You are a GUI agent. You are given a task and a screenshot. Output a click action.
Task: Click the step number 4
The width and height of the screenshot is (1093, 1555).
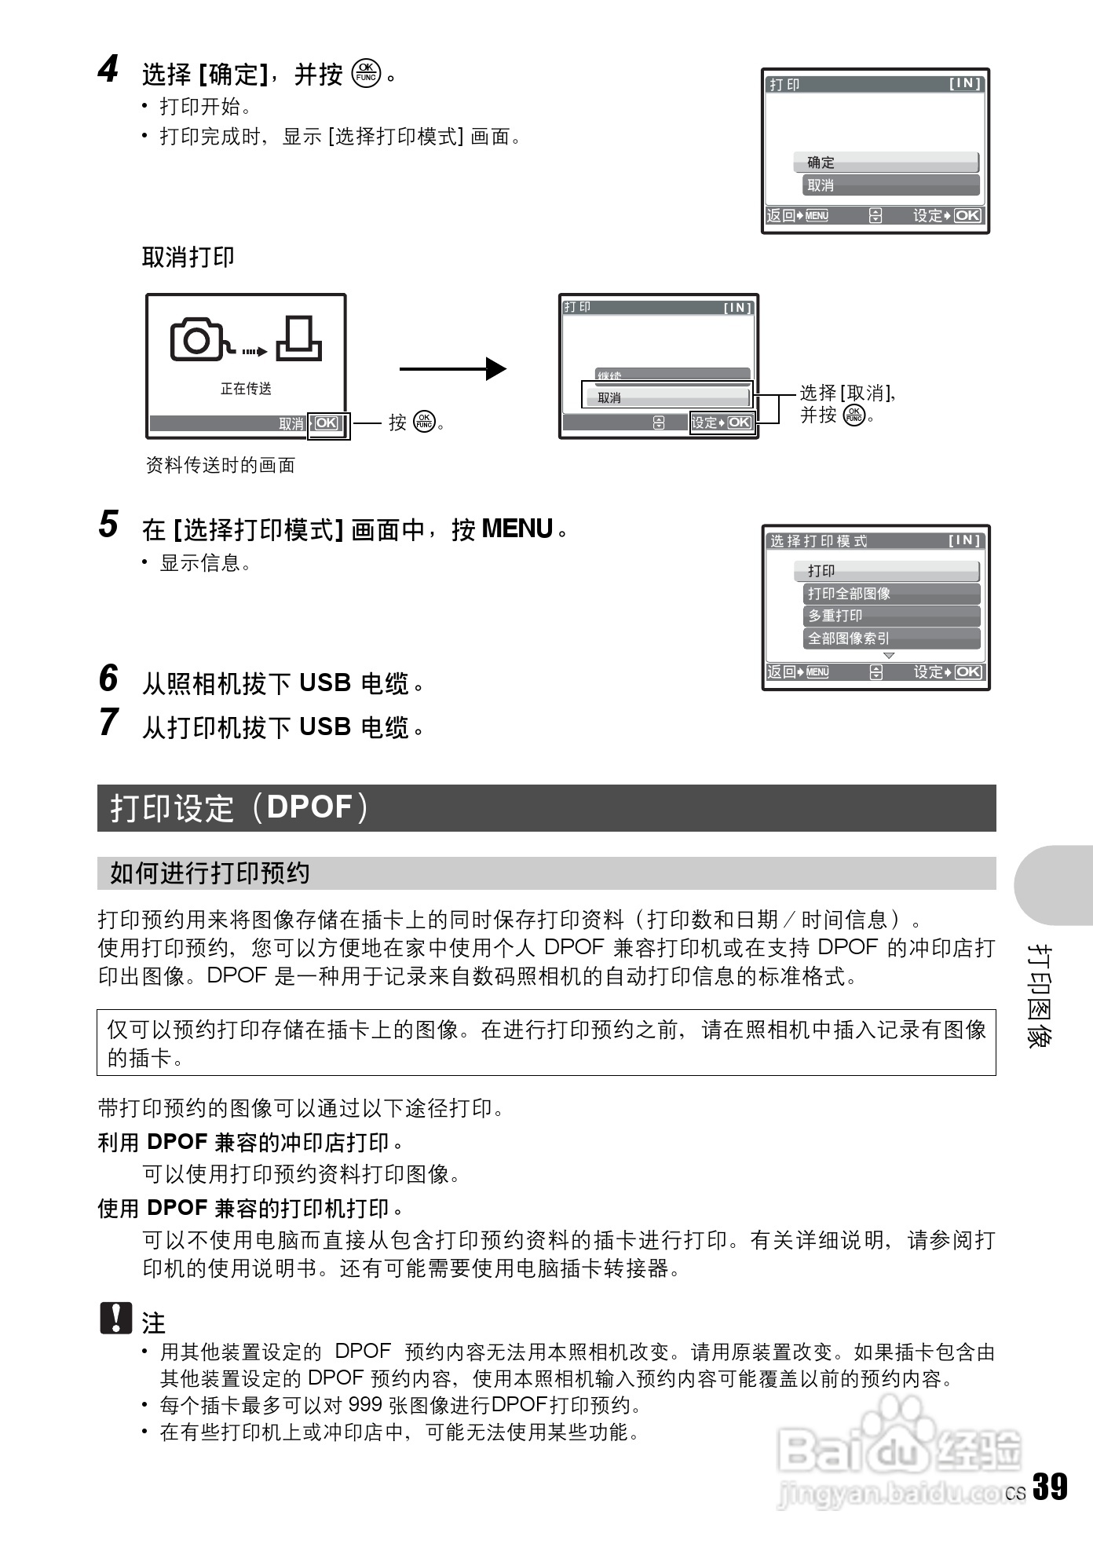click(108, 69)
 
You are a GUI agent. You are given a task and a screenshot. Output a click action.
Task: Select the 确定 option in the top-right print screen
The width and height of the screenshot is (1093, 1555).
click(886, 163)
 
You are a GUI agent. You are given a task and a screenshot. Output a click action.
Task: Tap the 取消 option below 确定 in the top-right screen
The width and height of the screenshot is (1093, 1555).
click(890, 185)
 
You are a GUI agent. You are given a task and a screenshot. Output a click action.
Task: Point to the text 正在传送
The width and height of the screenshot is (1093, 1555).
click(246, 389)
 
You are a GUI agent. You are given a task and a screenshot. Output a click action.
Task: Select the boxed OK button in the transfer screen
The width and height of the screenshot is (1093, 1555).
click(327, 423)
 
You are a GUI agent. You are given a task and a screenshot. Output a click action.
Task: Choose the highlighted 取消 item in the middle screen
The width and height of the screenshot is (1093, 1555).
click(667, 397)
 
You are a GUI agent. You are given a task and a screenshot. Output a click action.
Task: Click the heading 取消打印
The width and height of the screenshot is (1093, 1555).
click(188, 257)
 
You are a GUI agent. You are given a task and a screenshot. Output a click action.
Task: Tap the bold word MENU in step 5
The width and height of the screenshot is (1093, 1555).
click(517, 529)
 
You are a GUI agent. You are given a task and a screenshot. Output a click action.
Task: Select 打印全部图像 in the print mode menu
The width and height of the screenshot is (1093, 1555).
click(890, 594)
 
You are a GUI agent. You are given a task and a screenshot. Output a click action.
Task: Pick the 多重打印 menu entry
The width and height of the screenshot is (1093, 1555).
click(890, 616)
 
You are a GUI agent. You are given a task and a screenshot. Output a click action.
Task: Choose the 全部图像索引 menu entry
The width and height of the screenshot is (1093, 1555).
click(890, 638)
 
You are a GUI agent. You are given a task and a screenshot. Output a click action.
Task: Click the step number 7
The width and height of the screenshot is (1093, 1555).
click(108, 723)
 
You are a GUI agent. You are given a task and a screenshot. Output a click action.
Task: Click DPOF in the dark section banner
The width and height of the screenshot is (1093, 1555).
click(309, 807)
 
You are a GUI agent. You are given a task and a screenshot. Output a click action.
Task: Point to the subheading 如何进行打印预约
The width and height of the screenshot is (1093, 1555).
click(210, 873)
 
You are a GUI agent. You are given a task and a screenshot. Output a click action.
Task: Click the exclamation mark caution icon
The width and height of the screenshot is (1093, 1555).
click(116, 1319)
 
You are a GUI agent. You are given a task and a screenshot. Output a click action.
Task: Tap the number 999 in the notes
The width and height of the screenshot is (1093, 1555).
click(365, 1405)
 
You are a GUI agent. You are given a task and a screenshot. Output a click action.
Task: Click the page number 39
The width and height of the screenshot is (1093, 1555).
click(1050, 1487)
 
